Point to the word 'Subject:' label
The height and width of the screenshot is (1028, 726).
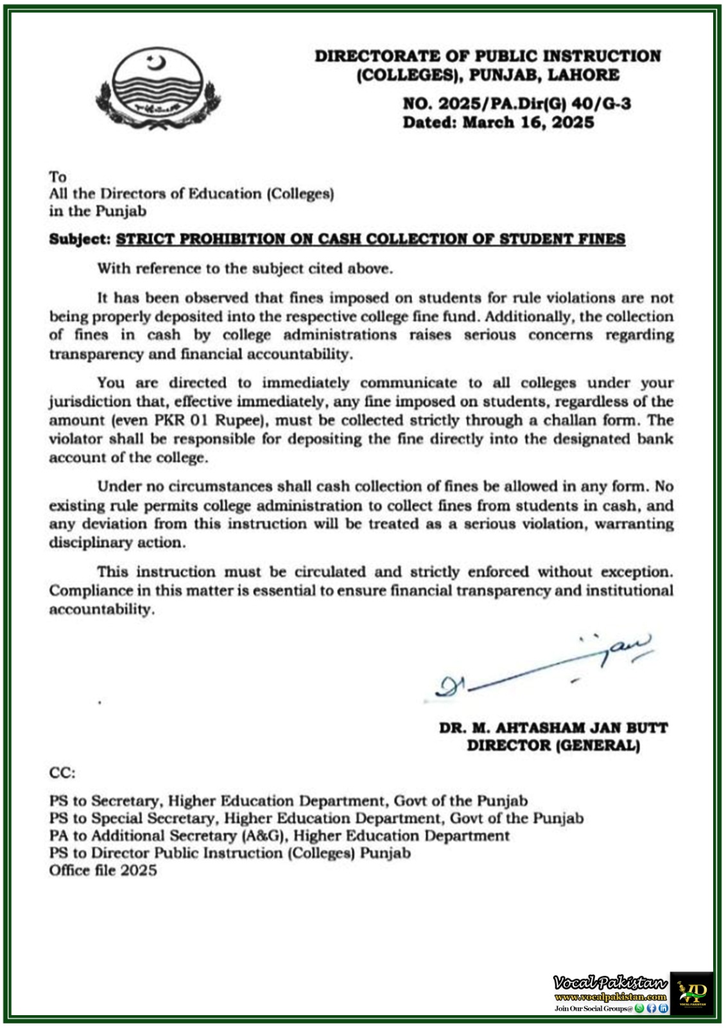point(80,240)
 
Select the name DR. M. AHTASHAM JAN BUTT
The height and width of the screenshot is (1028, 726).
point(553,728)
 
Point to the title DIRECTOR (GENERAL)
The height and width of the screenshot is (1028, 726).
point(553,746)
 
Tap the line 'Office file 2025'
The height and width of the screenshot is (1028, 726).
point(103,871)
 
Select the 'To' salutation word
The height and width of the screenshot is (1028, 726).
point(58,177)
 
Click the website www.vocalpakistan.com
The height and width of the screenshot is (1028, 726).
point(610,997)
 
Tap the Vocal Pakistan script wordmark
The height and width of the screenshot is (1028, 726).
point(610,983)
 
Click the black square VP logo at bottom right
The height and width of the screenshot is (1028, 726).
point(692,993)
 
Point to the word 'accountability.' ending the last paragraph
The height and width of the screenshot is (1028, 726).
point(102,609)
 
